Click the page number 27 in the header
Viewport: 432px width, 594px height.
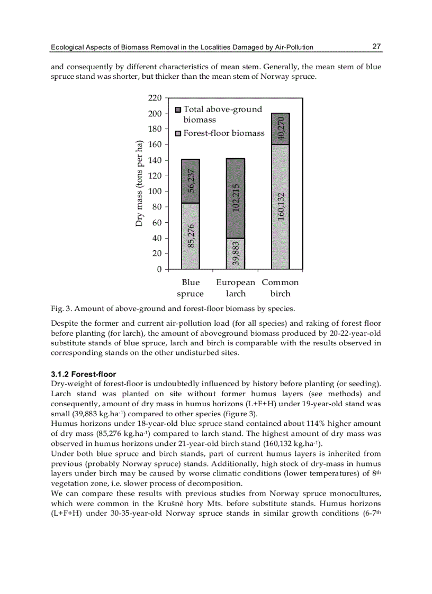376,47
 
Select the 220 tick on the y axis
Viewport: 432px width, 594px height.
155,98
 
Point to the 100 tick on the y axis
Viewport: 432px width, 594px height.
155,191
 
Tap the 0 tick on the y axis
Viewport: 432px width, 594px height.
158,269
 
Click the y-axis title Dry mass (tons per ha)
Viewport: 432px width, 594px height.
139,184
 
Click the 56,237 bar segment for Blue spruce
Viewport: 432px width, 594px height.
191,181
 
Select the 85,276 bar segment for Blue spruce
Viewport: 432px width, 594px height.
191,236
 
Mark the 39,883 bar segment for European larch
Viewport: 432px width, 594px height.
236,253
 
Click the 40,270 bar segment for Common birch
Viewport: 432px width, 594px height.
281,129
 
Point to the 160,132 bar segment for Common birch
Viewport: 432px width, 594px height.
281,207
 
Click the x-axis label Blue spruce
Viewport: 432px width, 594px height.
191,288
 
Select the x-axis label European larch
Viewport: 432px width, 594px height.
236,288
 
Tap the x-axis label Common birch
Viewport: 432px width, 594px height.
281,288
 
